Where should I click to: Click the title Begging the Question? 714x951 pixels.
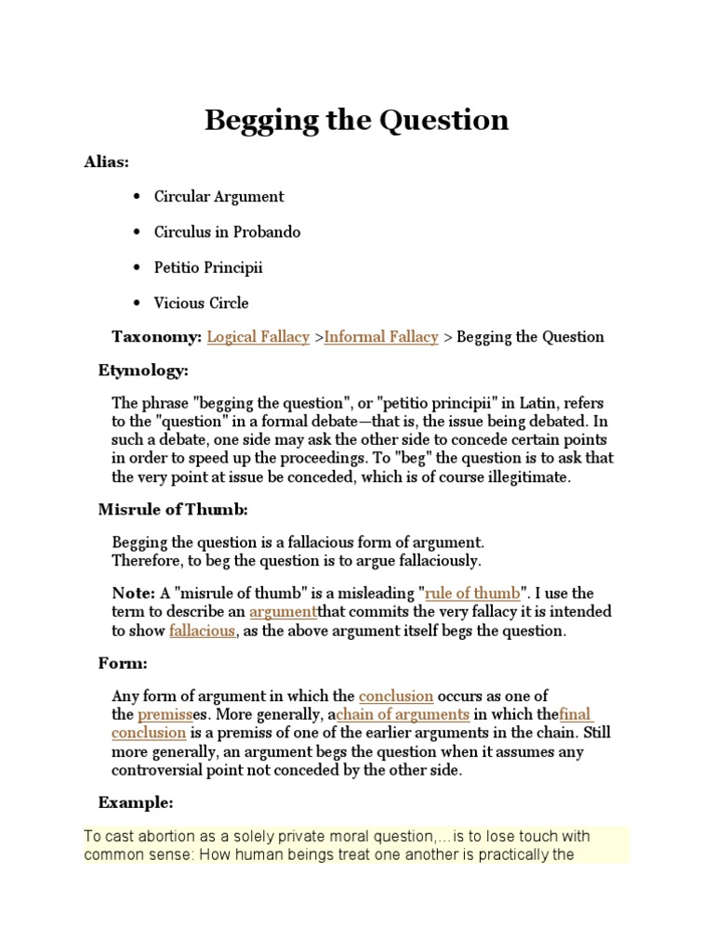point(356,120)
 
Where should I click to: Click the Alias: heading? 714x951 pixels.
point(107,162)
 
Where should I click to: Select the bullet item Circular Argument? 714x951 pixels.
point(219,197)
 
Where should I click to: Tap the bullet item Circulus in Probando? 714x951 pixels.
point(228,232)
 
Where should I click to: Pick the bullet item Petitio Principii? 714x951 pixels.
point(209,267)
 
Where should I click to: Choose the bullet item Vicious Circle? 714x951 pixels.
point(202,303)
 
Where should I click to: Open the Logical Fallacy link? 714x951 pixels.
point(258,337)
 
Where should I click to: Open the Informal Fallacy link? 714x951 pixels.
point(381,337)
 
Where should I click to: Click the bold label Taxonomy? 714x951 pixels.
point(156,337)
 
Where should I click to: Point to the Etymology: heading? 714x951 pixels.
point(143,371)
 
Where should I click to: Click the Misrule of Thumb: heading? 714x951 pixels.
point(174,509)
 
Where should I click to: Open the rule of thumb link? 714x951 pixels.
point(472,593)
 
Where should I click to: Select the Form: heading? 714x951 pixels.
point(123,663)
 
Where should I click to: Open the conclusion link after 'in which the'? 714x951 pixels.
point(396,696)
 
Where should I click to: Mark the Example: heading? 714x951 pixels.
point(136,802)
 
